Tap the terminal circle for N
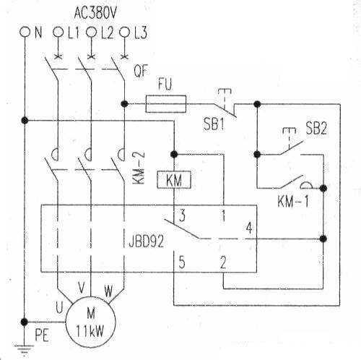[25, 32]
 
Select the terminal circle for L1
[58, 32]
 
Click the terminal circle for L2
[91, 32]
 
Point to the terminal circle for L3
[124, 32]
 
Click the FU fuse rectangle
[166, 104]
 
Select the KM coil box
[174, 179]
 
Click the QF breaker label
[141, 71]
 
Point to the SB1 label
[214, 124]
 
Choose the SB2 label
[316, 128]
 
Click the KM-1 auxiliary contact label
[292, 201]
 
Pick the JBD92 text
[146, 241]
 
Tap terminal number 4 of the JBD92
[249, 228]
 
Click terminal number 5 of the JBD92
[182, 262]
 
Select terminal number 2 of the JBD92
[223, 262]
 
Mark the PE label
[42, 335]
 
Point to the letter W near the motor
[108, 291]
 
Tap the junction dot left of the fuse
[124, 104]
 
